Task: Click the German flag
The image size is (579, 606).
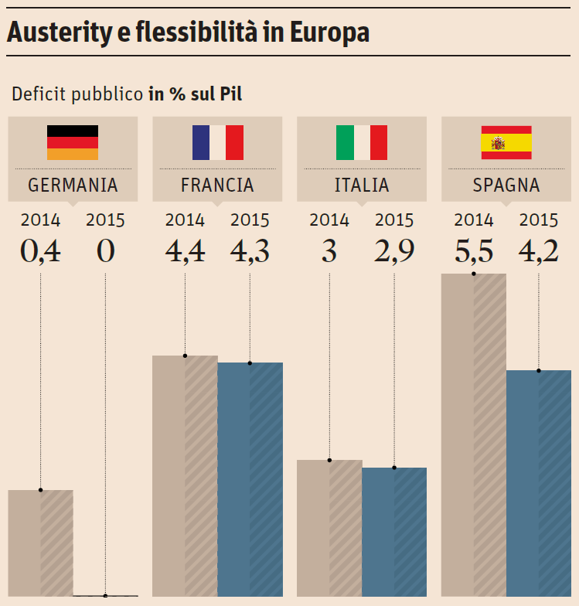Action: click(x=73, y=142)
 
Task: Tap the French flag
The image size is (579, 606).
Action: click(x=217, y=142)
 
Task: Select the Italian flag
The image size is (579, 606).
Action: click(x=361, y=142)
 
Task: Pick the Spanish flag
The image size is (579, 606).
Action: click(x=506, y=142)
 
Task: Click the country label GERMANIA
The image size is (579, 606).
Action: click(x=73, y=186)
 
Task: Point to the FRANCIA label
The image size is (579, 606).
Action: click(x=217, y=186)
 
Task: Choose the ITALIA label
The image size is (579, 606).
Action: click(x=361, y=186)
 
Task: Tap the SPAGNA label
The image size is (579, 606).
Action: click(x=506, y=186)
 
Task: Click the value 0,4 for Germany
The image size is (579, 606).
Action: click(x=40, y=252)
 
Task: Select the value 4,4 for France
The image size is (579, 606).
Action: click(x=185, y=252)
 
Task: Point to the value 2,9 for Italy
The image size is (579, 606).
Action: click(x=394, y=252)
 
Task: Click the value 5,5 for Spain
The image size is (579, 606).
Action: click(x=474, y=252)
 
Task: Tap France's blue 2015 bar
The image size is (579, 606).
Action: click(x=250, y=479)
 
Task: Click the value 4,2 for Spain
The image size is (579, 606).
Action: click(x=539, y=252)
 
